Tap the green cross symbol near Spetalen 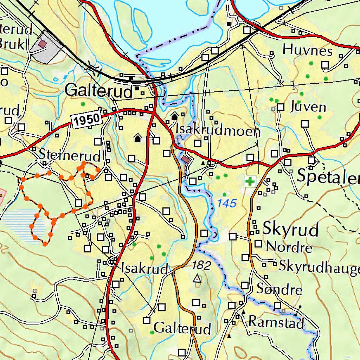point(250,181)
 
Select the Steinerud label point(70,155)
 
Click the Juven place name point(308,107)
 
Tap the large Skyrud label point(290,229)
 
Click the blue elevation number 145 point(227,203)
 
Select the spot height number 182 point(201,265)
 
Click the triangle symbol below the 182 point(197,279)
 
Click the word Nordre point(289,247)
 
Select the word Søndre point(279,290)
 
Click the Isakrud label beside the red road point(144,269)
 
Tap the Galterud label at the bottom point(182,328)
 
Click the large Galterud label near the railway point(99,91)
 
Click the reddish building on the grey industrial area point(43,44)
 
